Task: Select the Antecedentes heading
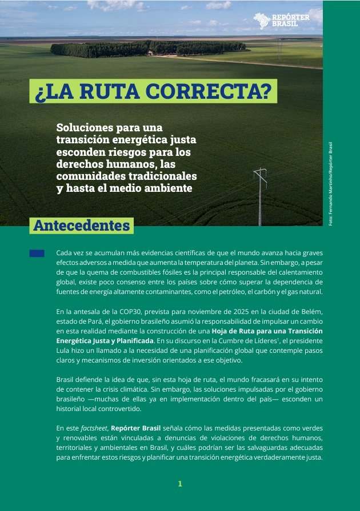(x=82, y=225)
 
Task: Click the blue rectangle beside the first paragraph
(x=37, y=253)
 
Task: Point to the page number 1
(x=179, y=484)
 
